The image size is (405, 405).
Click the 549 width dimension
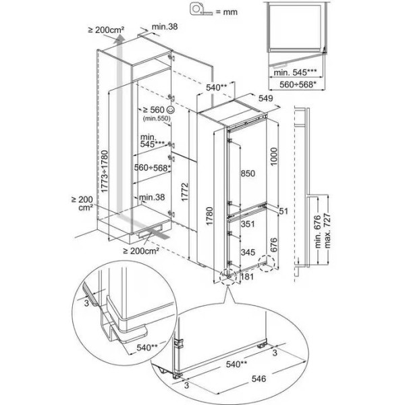coord(266,98)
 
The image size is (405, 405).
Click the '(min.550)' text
coord(154,119)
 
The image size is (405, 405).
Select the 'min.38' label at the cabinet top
coord(165,26)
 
